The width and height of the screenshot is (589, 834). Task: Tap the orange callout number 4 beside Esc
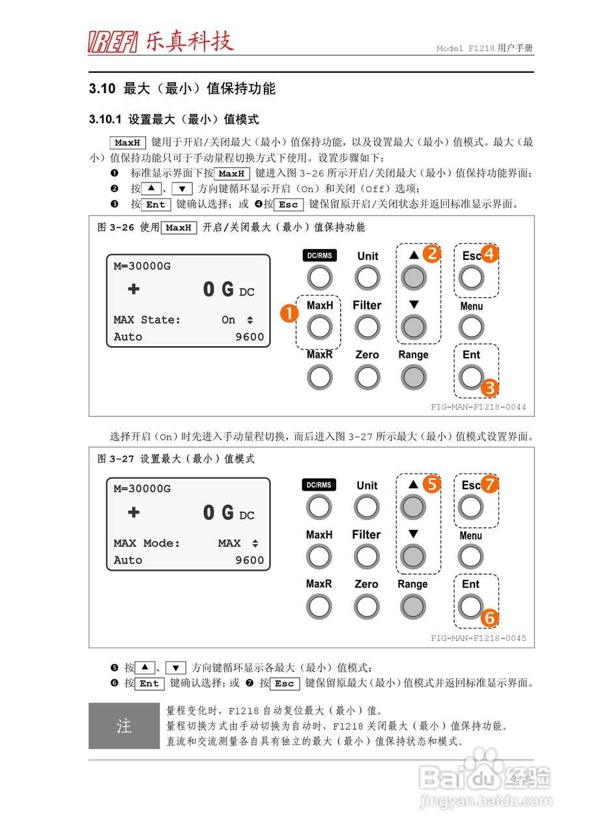489,254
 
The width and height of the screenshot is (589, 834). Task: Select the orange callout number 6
489,617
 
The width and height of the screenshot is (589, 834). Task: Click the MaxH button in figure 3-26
319,327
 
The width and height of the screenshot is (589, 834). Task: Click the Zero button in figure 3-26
367,377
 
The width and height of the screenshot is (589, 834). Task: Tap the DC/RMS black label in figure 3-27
319,485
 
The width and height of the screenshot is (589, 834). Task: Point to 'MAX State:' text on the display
147,320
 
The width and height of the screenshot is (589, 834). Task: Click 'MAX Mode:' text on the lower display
147,543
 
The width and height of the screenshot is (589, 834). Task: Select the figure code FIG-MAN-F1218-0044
478,407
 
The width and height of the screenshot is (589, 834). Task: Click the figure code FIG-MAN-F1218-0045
478,638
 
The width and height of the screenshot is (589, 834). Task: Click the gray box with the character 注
124,726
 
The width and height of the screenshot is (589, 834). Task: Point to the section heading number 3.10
102,89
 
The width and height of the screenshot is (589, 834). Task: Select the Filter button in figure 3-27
367,556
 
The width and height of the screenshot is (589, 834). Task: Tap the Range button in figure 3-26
413,377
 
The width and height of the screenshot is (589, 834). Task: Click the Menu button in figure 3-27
470,556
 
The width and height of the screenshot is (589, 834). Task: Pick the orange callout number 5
431,484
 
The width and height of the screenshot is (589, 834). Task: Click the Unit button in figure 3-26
367,278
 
